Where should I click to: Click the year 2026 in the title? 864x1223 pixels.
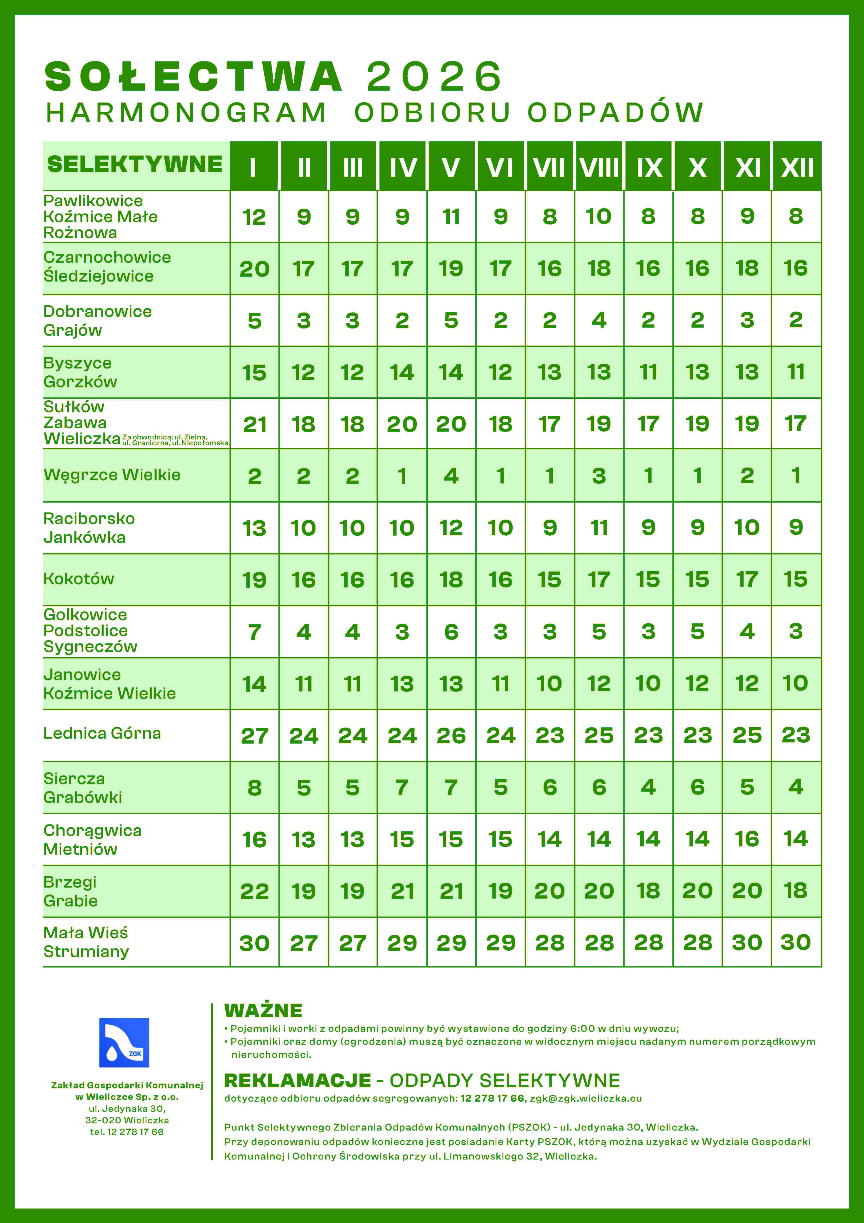434,76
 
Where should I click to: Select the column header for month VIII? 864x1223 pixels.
599,167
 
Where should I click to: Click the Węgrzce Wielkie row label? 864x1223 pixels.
112,474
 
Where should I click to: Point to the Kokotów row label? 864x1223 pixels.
79,578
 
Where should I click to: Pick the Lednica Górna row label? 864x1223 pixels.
102,733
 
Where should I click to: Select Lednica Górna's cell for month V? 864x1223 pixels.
451,735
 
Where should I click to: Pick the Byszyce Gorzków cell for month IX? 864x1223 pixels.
648,372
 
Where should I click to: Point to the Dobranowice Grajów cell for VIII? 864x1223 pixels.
599,320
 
